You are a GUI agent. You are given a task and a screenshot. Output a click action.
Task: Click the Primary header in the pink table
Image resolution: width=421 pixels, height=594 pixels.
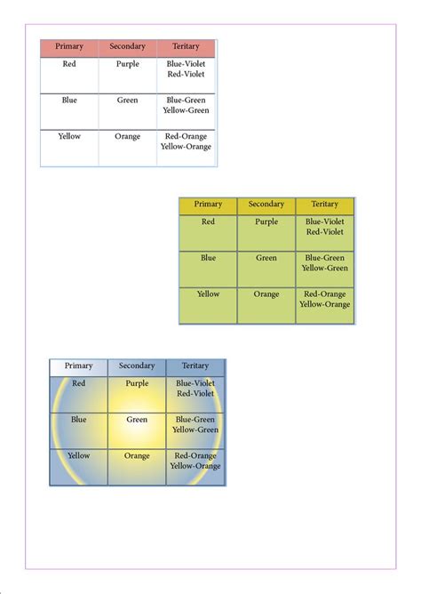pyautogui.click(x=69, y=46)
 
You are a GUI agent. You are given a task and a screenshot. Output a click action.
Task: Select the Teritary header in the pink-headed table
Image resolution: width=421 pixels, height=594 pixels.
pyautogui.click(x=186, y=46)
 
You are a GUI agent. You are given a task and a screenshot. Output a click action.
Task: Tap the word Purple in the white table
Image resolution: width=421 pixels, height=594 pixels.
pyautogui.click(x=128, y=64)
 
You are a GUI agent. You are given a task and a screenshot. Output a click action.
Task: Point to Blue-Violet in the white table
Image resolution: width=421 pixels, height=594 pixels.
pyautogui.click(x=186, y=64)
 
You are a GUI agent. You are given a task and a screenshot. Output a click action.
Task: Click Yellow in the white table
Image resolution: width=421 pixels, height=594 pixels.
pyautogui.click(x=69, y=136)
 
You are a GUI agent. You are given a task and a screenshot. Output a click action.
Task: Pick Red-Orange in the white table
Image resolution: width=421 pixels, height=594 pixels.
pyautogui.click(x=186, y=136)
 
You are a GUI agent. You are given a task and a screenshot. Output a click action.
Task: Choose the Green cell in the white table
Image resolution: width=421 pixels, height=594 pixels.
pyautogui.click(x=128, y=100)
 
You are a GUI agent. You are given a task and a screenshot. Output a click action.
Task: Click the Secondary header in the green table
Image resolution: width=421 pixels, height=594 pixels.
pyautogui.click(x=266, y=205)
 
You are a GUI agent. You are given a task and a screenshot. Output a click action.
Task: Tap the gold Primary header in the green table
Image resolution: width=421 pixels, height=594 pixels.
pyautogui.click(x=208, y=205)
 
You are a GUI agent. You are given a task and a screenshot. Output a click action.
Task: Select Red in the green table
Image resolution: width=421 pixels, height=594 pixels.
pyautogui.click(x=208, y=222)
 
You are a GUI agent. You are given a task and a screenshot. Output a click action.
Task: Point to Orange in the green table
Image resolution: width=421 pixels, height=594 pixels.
pyautogui.click(x=266, y=294)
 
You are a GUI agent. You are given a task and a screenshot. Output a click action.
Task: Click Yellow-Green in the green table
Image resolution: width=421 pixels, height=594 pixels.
pyautogui.click(x=324, y=268)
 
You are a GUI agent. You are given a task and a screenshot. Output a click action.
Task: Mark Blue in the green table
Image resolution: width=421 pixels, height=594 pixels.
pyautogui.click(x=208, y=258)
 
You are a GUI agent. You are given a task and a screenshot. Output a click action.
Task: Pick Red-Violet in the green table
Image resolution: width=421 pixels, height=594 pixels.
pyautogui.click(x=324, y=232)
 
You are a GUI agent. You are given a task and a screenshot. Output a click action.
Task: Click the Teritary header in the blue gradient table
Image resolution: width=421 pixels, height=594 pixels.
pyautogui.click(x=195, y=365)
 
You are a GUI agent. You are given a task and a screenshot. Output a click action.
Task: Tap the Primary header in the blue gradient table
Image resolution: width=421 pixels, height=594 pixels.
pyautogui.click(x=78, y=365)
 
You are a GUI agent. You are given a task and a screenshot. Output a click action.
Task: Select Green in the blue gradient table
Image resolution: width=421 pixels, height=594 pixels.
pyautogui.click(x=137, y=420)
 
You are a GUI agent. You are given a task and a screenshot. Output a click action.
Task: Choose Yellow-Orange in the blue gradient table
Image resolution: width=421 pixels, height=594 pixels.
pyautogui.click(x=195, y=465)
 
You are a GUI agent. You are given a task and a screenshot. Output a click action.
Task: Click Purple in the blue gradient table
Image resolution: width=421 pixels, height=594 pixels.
pyautogui.click(x=137, y=383)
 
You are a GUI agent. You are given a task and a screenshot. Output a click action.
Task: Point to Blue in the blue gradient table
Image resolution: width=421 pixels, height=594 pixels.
pyautogui.click(x=78, y=420)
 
